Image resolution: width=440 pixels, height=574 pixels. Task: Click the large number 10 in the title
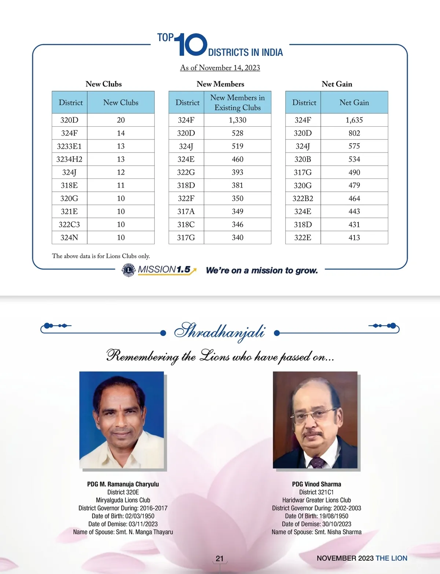coord(191,45)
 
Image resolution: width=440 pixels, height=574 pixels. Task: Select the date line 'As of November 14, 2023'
coord(220,68)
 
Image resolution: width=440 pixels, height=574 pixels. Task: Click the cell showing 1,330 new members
coord(238,120)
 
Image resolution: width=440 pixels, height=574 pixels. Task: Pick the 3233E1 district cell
coord(69,146)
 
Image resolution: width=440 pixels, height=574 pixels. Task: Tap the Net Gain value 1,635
coord(354,120)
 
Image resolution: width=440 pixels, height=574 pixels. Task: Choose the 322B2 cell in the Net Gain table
coord(303,199)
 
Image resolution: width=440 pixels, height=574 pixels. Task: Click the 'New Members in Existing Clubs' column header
coord(238,102)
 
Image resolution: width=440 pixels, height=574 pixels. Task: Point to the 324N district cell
coord(69,238)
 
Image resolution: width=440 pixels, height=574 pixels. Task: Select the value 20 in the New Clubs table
coord(121,120)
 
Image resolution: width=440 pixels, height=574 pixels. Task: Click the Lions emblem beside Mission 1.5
coord(128,270)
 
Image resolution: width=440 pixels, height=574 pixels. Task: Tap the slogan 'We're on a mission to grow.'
coord(262,271)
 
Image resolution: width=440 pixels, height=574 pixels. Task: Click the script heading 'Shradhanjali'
coord(219,331)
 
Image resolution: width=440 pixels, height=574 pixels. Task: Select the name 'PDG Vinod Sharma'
coord(316,484)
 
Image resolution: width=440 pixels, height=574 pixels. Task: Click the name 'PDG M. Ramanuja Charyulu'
coord(123,484)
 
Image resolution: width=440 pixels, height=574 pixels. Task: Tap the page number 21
coord(220,559)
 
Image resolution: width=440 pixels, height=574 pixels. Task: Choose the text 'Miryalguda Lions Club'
coord(123,500)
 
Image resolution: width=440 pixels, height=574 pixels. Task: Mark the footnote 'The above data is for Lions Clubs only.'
coord(101,256)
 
